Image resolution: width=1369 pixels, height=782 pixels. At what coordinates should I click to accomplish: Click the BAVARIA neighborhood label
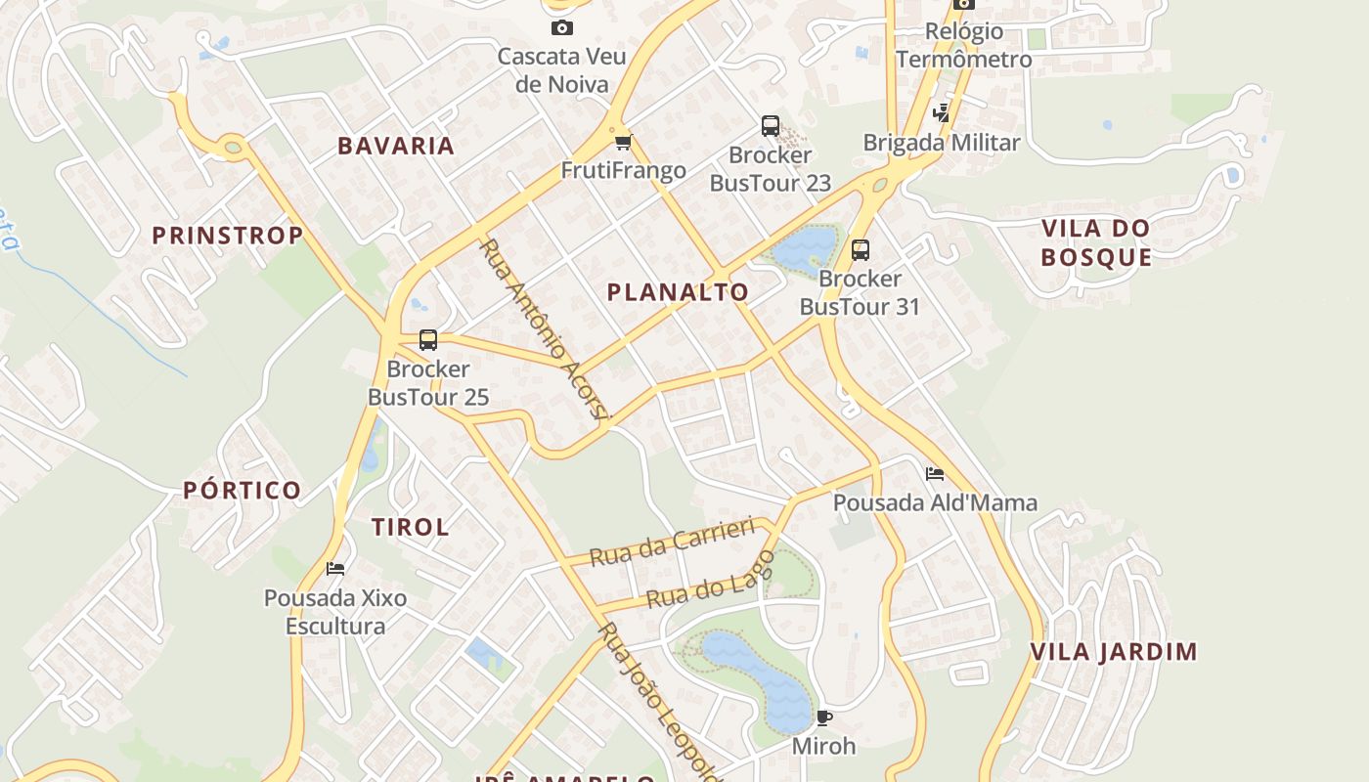click(x=396, y=146)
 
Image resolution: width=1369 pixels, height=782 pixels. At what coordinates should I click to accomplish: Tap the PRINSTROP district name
click(x=228, y=236)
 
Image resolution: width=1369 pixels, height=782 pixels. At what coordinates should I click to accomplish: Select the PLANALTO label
click(x=678, y=291)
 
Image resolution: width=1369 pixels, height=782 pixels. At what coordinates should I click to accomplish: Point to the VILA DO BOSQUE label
click(x=1095, y=242)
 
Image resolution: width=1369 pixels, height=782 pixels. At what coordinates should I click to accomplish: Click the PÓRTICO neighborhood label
click(x=243, y=491)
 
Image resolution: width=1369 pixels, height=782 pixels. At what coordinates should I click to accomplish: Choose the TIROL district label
click(x=410, y=527)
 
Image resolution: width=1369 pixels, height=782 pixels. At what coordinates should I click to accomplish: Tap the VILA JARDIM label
click(x=1115, y=652)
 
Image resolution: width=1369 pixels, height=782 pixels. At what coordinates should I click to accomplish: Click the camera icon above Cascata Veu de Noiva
click(x=561, y=27)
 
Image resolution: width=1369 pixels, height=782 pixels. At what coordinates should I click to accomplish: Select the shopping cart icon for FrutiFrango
click(x=624, y=143)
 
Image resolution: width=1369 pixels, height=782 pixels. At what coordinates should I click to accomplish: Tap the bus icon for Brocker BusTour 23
click(x=771, y=126)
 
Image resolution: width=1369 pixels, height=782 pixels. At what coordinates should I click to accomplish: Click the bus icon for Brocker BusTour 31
click(x=861, y=250)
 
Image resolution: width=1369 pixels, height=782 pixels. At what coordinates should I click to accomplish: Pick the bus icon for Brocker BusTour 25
click(x=428, y=340)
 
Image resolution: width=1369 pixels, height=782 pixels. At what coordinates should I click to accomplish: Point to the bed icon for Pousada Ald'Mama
click(x=935, y=474)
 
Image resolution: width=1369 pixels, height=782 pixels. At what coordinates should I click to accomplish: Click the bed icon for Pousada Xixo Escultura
click(x=335, y=568)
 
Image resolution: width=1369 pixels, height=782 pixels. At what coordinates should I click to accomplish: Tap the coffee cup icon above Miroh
click(x=824, y=718)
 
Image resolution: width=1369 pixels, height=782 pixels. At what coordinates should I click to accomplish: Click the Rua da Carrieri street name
click(x=674, y=543)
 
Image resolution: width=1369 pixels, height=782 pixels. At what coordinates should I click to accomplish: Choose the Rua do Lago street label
click(x=711, y=580)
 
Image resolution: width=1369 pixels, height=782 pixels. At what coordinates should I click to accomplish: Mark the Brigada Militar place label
click(x=942, y=143)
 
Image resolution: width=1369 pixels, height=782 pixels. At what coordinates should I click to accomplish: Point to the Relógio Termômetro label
click(x=963, y=45)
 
